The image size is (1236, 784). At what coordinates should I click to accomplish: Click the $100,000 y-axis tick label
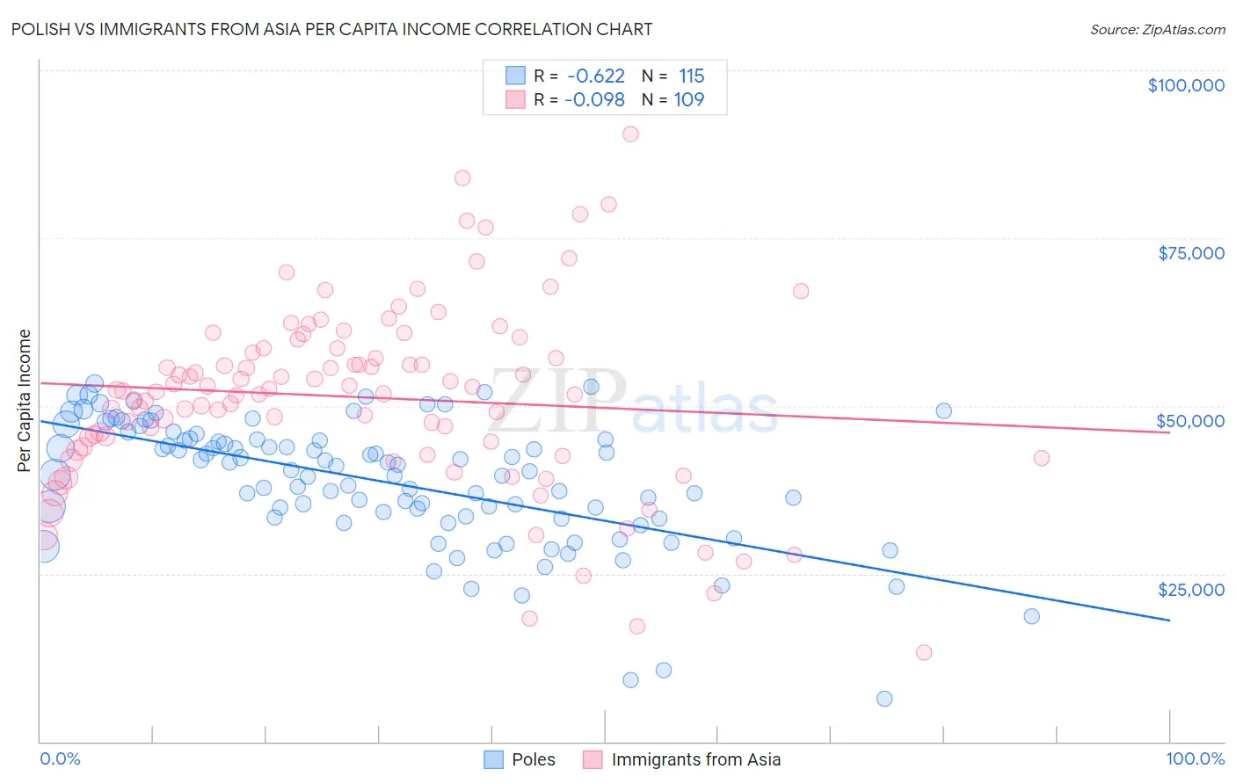pos(1185,85)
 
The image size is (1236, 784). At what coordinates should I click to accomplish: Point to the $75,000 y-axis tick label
pos(1190,253)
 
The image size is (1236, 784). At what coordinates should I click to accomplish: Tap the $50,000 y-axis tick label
pos(1190,421)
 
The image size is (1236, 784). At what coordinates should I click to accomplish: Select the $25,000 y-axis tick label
pos(1190,589)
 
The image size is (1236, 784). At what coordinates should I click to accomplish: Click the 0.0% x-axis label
pos(60,759)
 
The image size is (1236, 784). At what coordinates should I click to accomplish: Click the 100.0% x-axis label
pos(1195,759)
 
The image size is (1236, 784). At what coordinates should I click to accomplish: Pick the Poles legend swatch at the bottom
pos(494,759)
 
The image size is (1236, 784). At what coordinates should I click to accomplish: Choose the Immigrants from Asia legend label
pos(695,759)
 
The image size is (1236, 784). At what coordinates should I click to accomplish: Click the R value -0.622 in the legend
pos(595,76)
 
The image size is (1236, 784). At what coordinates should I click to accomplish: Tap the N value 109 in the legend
pos(689,99)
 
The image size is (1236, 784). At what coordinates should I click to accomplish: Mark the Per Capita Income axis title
pos(25,400)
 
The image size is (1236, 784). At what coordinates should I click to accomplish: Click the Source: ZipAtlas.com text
pos(1157,30)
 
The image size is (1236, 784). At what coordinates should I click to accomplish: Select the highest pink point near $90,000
pos(630,134)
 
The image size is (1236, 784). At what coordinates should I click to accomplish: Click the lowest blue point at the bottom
pos(884,699)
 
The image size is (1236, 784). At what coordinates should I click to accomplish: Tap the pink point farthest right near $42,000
pos(1042,458)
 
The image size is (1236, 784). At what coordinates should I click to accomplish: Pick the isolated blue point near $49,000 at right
pos(944,411)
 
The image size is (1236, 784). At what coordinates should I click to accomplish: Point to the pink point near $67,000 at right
pos(801,291)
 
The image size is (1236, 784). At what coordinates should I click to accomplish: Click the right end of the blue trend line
pos(1169,621)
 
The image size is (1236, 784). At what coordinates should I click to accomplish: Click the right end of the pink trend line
pos(1169,432)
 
